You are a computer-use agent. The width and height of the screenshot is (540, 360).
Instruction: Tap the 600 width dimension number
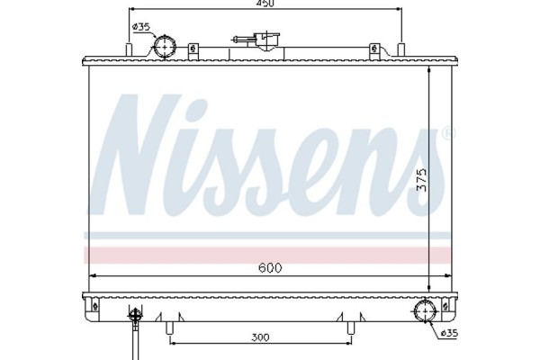[271, 267]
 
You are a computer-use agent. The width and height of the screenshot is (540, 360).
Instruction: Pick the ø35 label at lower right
[448, 334]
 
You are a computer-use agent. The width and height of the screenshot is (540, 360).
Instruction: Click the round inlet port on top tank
[165, 46]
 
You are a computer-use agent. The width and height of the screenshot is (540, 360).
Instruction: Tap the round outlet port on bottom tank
[425, 312]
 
